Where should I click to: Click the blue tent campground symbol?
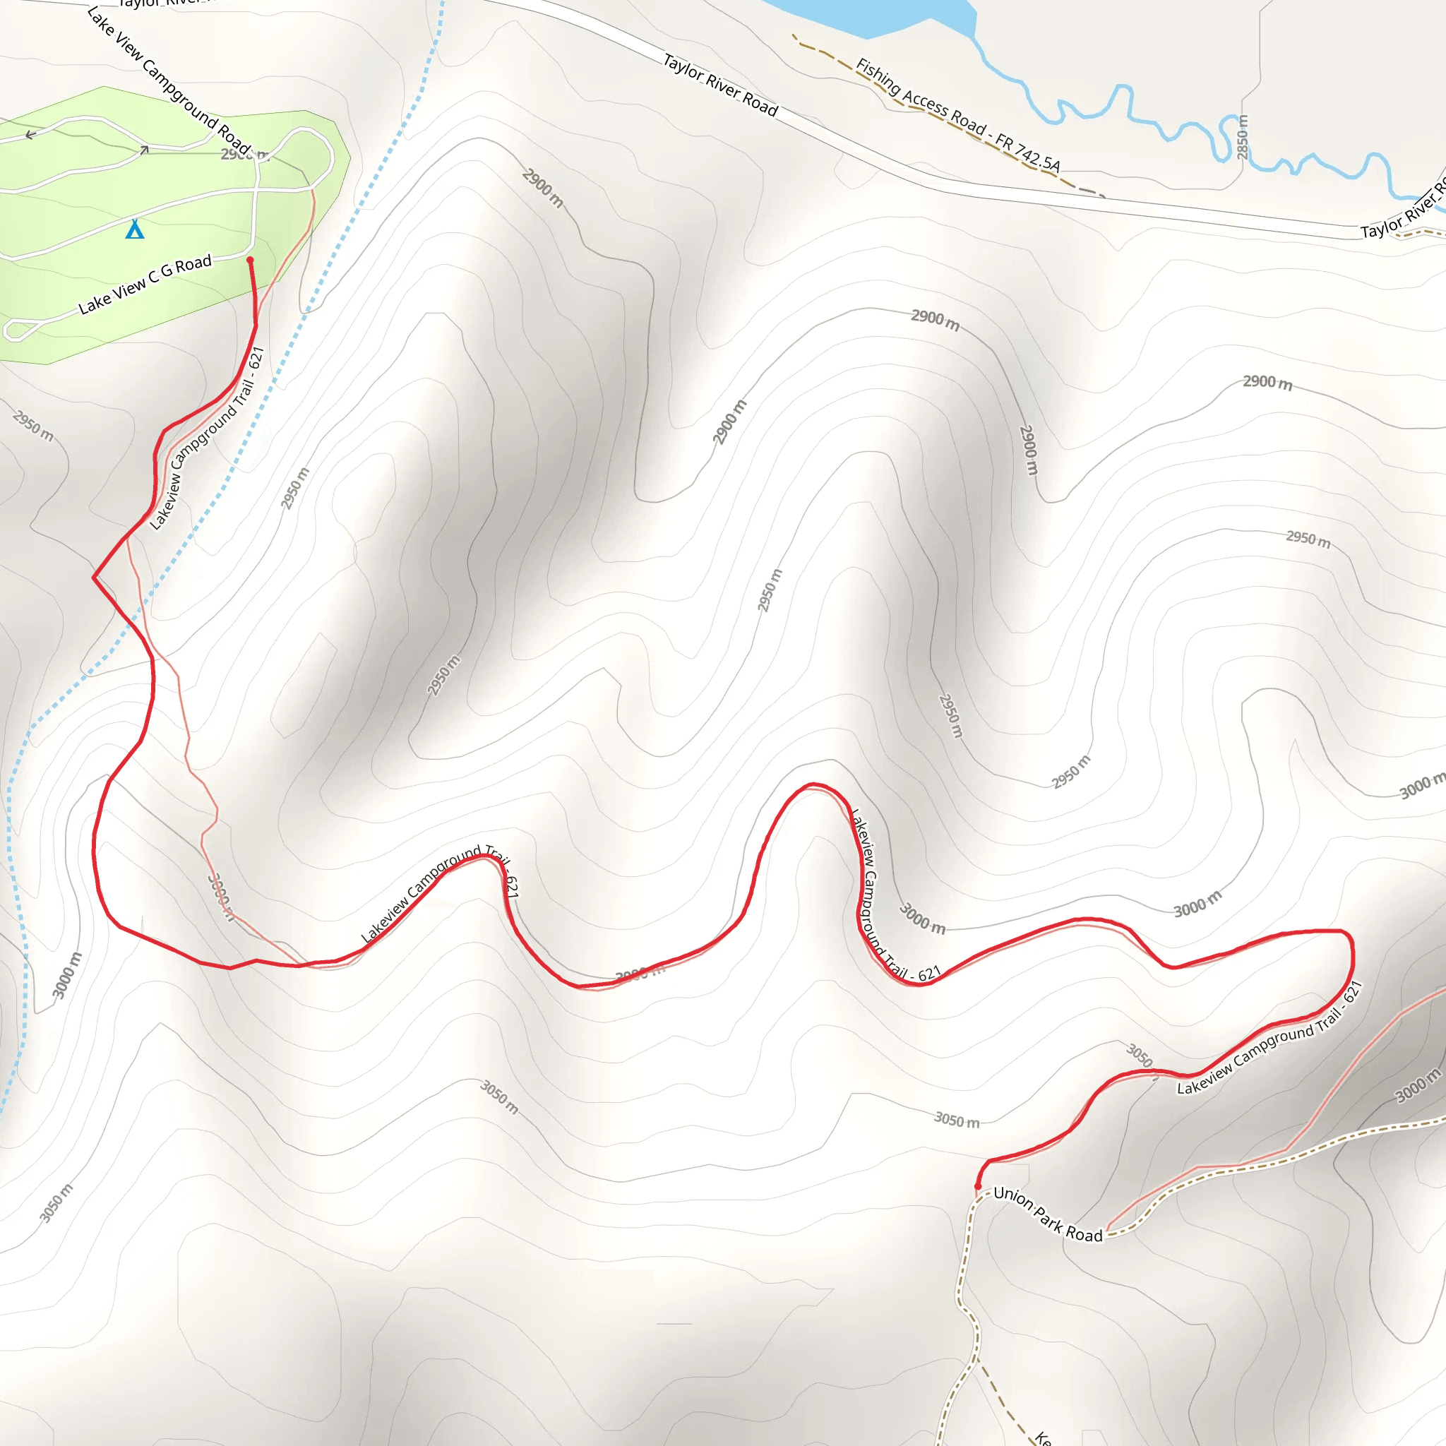tap(135, 229)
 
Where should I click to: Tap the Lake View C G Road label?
tap(145, 285)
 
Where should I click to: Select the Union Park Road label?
tap(1048, 1214)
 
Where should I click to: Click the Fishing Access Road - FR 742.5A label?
tap(958, 115)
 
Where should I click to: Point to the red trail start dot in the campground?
tap(250, 261)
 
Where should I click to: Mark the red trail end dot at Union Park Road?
tap(977, 1186)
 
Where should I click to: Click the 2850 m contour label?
tap(1243, 137)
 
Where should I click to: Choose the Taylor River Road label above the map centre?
tap(720, 85)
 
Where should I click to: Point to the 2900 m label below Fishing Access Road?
tap(935, 320)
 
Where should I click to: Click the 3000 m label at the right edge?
tap(1421, 787)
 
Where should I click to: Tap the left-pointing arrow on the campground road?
tap(30, 136)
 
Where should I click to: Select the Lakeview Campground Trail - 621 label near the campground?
tap(208, 438)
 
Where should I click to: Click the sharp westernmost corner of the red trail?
tap(94, 577)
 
